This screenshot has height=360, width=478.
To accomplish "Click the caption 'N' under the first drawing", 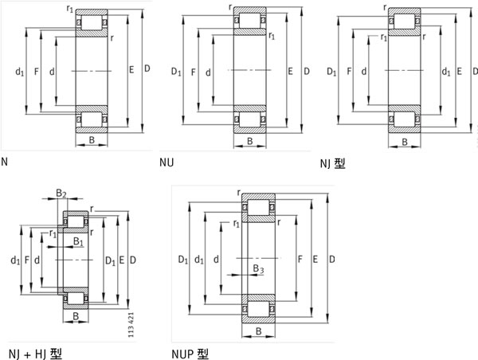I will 5,162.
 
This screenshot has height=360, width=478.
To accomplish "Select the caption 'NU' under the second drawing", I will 167,163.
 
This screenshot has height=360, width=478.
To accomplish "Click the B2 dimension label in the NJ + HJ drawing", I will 61,193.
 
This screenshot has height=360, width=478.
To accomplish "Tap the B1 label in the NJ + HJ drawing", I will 77,241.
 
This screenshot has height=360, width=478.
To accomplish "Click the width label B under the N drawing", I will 92,142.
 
